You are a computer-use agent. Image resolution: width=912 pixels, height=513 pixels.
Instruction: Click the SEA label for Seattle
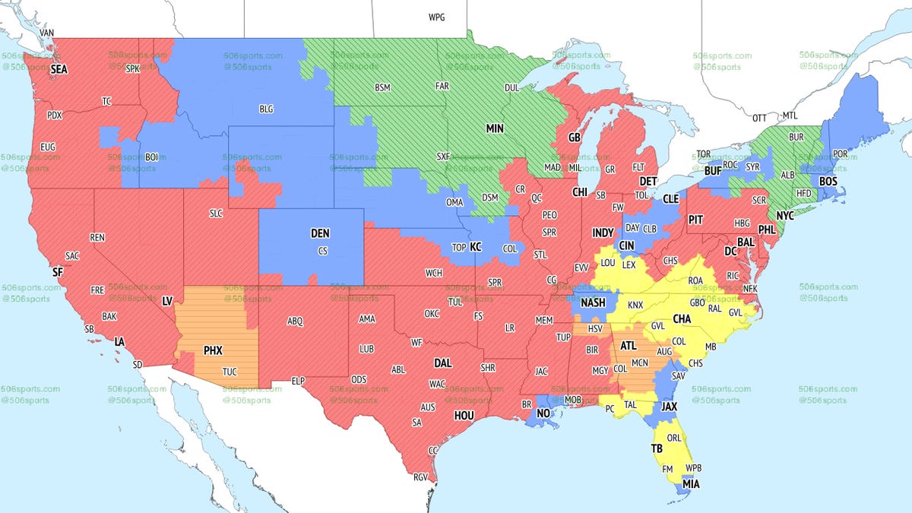tap(59, 69)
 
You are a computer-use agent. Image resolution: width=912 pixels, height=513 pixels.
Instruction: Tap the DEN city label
tap(320, 235)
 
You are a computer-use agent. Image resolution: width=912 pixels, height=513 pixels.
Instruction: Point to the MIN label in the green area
tap(495, 128)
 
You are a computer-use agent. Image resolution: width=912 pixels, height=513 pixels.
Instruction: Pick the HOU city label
tap(464, 416)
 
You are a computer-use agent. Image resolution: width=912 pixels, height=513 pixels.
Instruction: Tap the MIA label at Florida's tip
tap(692, 483)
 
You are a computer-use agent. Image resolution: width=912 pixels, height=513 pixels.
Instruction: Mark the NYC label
tap(784, 216)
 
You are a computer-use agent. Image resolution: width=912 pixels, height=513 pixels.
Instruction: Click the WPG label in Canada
tap(437, 17)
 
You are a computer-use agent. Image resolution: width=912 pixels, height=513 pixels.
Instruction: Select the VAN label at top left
tap(47, 33)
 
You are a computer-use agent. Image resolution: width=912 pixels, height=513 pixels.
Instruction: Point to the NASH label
tap(593, 302)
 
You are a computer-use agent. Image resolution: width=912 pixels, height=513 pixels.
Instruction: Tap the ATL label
tap(629, 345)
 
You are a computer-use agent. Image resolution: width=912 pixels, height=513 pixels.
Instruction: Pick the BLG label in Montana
tap(266, 109)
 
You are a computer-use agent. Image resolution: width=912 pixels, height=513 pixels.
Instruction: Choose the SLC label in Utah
tap(216, 214)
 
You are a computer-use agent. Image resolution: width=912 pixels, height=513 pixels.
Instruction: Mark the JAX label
tap(669, 407)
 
